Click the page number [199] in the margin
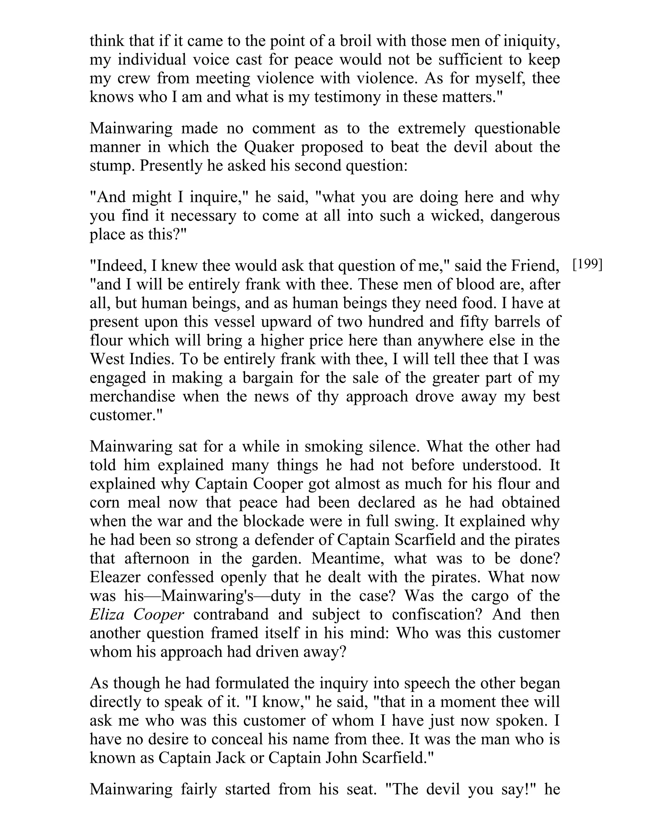587,265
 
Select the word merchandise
132,396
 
